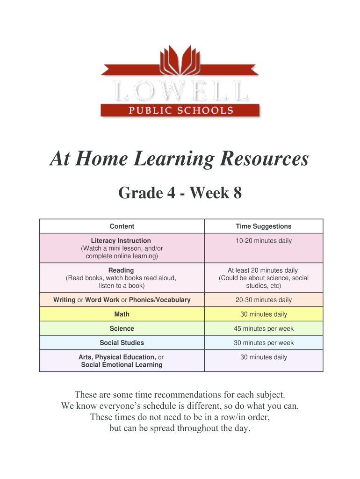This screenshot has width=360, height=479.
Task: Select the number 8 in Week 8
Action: (238, 193)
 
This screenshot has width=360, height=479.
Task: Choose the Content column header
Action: (122, 226)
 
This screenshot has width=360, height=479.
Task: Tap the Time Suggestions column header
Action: (263, 226)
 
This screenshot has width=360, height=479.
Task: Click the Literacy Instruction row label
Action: (121, 241)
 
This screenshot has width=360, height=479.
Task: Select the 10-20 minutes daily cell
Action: (263, 241)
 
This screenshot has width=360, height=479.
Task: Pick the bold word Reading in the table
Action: (121, 270)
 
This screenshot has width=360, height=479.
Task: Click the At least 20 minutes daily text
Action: (263, 270)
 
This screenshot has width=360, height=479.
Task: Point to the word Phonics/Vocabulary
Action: (160, 300)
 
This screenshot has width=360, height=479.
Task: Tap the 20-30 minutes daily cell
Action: (263, 300)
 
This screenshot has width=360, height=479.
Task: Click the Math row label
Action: (122, 314)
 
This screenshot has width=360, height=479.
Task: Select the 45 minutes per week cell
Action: (264, 329)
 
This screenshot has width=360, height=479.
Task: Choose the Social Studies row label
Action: (122, 343)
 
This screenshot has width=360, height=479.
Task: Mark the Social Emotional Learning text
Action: (122, 365)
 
